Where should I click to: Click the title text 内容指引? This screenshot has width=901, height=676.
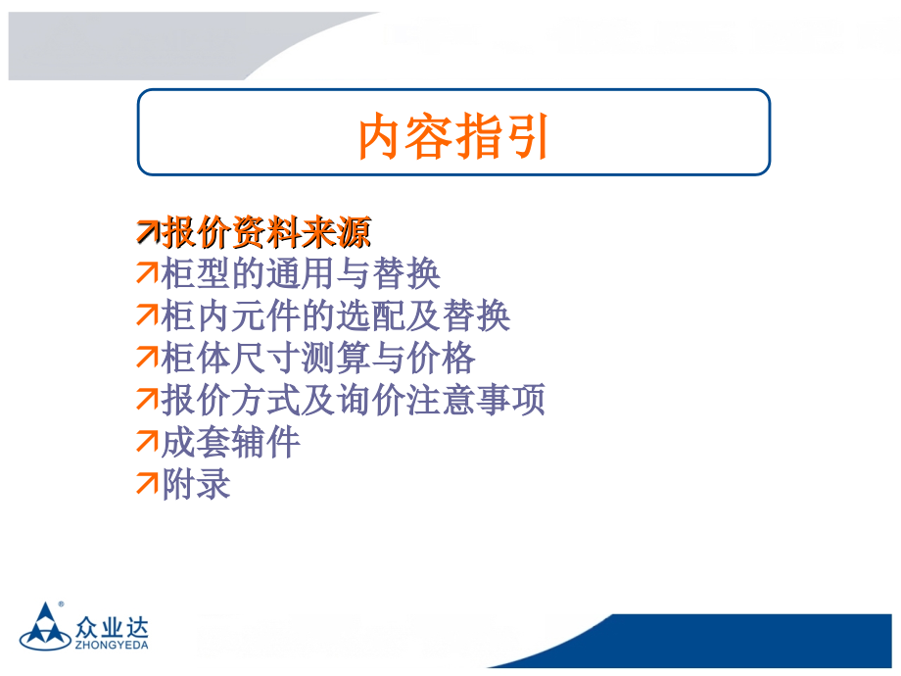(453, 136)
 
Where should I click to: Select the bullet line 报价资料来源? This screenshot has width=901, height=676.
(266, 233)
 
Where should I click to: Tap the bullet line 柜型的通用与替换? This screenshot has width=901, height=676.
(301, 273)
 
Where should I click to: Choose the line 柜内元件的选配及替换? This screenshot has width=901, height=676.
(336, 315)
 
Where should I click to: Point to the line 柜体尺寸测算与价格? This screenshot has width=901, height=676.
(318, 358)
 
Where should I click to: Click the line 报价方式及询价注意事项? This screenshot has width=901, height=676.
(354, 400)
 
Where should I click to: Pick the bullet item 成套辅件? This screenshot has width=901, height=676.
(231, 442)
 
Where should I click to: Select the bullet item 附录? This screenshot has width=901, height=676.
(197, 484)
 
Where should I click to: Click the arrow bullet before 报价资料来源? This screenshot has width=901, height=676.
(148, 231)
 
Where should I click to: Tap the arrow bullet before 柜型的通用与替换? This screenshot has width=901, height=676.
(147, 273)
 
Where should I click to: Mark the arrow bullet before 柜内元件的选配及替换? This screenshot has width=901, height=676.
(147, 315)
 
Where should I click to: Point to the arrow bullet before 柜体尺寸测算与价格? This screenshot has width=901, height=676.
(147, 357)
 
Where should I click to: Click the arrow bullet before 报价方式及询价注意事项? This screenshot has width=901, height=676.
(147, 400)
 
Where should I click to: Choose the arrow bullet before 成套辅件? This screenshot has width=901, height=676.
(147, 442)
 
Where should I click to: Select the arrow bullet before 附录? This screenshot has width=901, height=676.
(147, 483)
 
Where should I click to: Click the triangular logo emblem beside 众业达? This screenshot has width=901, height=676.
(45, 627)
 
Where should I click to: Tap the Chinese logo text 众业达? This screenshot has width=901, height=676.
(112, 627)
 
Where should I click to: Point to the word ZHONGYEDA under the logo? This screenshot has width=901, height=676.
(112, 646)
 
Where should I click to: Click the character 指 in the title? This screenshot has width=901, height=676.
(478, 136)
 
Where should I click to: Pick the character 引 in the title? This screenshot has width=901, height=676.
(526, 136)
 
